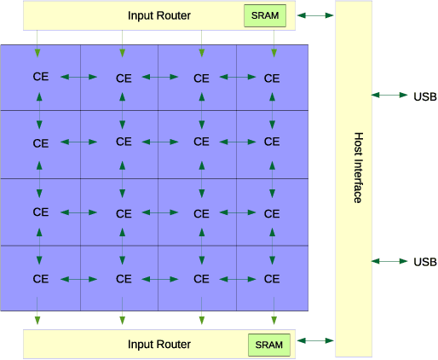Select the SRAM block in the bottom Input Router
[269, 345]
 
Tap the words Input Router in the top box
[159, 16]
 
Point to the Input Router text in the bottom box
[159, 345]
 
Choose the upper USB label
[424, 96]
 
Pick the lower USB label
[424, 261]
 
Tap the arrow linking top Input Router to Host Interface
[315, 15]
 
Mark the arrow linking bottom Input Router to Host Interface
[315, 341]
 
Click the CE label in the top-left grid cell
[40, 76]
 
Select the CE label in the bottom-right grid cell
[272, 278]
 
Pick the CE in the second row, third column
[201, 142]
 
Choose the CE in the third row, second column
[124, 212]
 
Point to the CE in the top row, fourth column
[272, 78]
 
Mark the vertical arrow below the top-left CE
[39, 107]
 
